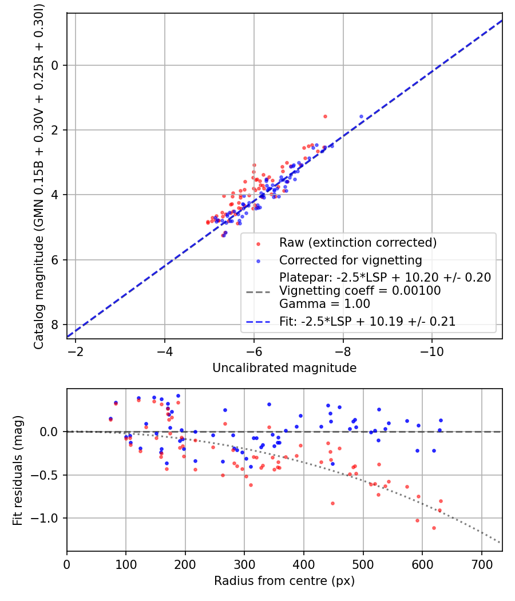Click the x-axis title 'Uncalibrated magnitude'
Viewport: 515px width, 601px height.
[284, 368]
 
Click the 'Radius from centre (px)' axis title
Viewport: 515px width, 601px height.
[284, 581]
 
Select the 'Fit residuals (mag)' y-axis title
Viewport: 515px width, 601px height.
[18, 470]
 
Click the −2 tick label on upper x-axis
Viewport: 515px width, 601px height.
[75, 350]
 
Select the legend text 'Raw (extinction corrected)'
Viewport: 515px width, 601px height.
[358, 242]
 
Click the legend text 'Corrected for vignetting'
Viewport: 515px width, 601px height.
[350, 260]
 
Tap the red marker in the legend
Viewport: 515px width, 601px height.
[258, 243]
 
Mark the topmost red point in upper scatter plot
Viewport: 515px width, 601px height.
[325, 116]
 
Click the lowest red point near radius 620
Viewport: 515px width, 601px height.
[434, 528]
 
